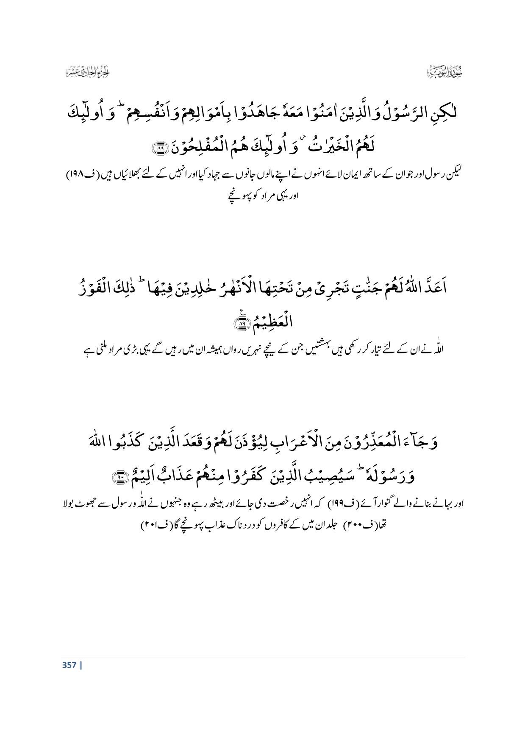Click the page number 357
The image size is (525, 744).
click(x=69, y=665)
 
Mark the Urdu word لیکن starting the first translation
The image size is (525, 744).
click(x=454, y=175)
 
